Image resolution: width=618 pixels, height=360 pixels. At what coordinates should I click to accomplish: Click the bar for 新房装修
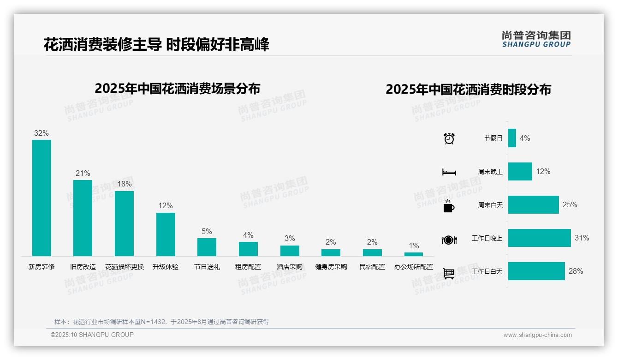pyautogui.click(x=42, y=198)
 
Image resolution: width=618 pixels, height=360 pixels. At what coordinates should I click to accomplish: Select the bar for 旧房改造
pyautogui.click(x=83, y=218)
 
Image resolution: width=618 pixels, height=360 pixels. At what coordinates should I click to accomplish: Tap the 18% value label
pyautogui.click(x=124, y=184)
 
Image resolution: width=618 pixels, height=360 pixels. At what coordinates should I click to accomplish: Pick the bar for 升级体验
pyautogui.click(x=166, y=234)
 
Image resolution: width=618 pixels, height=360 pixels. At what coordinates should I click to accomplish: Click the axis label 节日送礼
pyautogui.click(x=207, y=267)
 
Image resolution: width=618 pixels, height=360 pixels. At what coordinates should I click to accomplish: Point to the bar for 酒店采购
pyautogui.click(x=290, y=251)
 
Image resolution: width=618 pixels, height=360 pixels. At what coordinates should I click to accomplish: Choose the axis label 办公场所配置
pyautogui.click(x=414, y=267)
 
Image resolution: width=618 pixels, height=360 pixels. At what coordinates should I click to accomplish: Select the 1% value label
pyautogui.click(x=414, y=246)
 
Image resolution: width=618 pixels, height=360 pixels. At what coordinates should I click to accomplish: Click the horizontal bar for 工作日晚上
pyautogui.click(x=539, y=238)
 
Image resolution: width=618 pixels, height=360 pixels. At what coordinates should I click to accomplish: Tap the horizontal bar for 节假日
pyautogui.click(x=512, y=138)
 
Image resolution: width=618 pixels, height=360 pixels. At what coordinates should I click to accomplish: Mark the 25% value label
pyautogui.click(x=570, y=204)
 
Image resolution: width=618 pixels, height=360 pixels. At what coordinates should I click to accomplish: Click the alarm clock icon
pyautogui.click(x=449, y=138)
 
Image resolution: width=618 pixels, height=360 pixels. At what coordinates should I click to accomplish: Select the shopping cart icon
pyautogui.click(x=449, y=273)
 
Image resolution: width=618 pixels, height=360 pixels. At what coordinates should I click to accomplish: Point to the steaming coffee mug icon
pyautogui.click(x=449, y=206)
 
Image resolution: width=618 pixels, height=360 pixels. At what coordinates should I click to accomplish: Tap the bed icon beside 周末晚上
pyautogui.click(x=449, y=172)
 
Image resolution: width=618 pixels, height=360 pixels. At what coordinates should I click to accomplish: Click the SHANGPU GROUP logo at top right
pyautogui.click(x=536, y=39)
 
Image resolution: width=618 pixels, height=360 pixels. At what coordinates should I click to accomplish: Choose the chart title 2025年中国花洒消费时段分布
pyautogui.click(x=468, y=90)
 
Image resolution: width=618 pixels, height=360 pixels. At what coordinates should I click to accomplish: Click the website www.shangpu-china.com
pyautogui.click(x=537, y=335)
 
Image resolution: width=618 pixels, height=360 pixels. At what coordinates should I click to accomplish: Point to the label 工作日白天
pyautogui.click(x=487, y=271)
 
